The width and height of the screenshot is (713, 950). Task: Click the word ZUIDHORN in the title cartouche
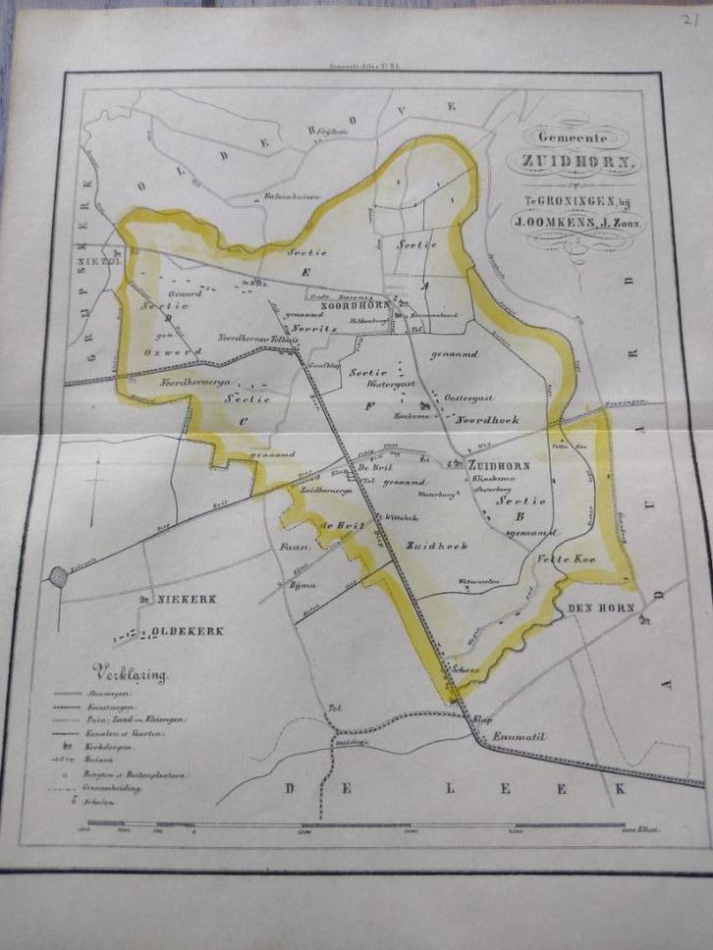573,162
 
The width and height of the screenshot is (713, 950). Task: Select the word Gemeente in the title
575,138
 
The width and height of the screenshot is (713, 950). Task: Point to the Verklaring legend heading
130,673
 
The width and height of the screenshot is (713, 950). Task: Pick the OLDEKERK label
190,631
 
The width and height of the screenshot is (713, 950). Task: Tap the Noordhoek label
486,418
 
